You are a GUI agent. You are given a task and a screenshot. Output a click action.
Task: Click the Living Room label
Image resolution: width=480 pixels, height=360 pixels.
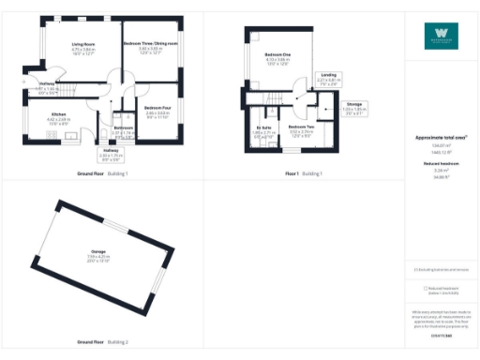(84, 44)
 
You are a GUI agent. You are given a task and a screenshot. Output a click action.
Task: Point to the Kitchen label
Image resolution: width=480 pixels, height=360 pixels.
(58, 115)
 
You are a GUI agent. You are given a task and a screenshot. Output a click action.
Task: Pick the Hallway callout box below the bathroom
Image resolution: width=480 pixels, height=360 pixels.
(112, 153)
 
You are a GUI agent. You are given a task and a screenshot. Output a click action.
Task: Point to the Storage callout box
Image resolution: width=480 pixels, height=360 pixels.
(353, 106)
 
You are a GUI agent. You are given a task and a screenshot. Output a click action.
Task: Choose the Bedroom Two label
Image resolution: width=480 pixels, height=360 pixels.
(301, 128)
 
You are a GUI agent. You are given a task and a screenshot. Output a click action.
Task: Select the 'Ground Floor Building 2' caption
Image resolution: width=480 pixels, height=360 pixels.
(102, 343)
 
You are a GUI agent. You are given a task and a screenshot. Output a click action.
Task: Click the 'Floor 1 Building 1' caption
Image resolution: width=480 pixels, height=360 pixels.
(304, 173)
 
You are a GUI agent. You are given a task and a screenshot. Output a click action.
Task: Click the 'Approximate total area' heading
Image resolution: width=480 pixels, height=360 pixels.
(441, 137)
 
